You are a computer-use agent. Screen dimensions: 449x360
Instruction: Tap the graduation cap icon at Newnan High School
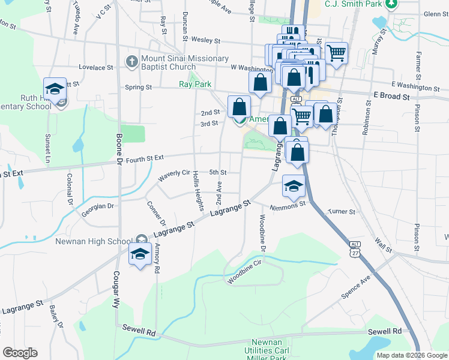pos(140,254)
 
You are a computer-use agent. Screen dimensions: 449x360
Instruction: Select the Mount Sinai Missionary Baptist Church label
pos(185,62)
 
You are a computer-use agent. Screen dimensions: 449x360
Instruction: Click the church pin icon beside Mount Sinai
pos(131,61)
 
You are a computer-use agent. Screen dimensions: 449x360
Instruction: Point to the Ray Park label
pos(194,85)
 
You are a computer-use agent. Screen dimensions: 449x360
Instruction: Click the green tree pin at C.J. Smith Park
pos(391,4)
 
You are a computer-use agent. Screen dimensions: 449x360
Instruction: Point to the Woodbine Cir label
pos(246,267)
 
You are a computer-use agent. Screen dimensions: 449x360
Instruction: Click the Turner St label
pos(342,212)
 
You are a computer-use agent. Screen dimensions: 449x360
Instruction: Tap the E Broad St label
pos(391,96)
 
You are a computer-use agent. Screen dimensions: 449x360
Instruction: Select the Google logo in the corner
pos(19,353)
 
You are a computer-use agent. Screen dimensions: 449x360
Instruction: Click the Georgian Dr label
pos(98,206)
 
